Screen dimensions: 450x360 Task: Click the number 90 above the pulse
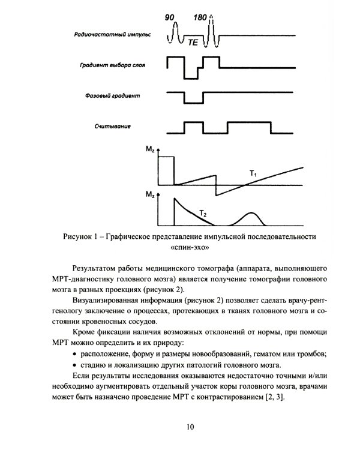click(x=170, y=18)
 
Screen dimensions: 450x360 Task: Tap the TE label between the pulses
click(x=193, y=43)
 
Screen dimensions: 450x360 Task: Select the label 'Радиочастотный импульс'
click(x=113, y=35)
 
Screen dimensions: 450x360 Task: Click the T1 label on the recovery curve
click(x=253, y=173)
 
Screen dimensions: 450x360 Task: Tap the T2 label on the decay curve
click(x=203, y=214)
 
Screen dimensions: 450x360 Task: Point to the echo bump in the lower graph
click(x=250, y=219)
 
